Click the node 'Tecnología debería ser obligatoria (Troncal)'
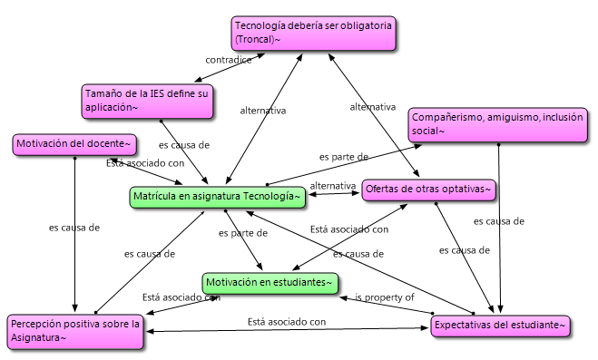[x=312, y=33]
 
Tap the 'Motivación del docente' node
[x=75, y=143]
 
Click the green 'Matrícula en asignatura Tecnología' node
[x=216, y=196]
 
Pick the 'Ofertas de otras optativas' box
[x=428, y=190]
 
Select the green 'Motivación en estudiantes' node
[x=270, y=283]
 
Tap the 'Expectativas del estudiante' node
[x=500, y=325]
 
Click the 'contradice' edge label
[x=227, y=60]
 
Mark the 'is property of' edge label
[x=384, y=297]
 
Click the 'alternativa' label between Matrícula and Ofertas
[x=332, y=186]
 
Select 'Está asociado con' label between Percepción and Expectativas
[x=286, y=321]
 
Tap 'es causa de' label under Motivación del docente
[x=74, y=228]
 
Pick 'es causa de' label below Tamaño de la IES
[x=184, y=144]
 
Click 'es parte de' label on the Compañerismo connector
[x=343, y=156]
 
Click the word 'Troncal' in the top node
[x=258, y=40]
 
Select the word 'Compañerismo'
[x=447, y=117]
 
